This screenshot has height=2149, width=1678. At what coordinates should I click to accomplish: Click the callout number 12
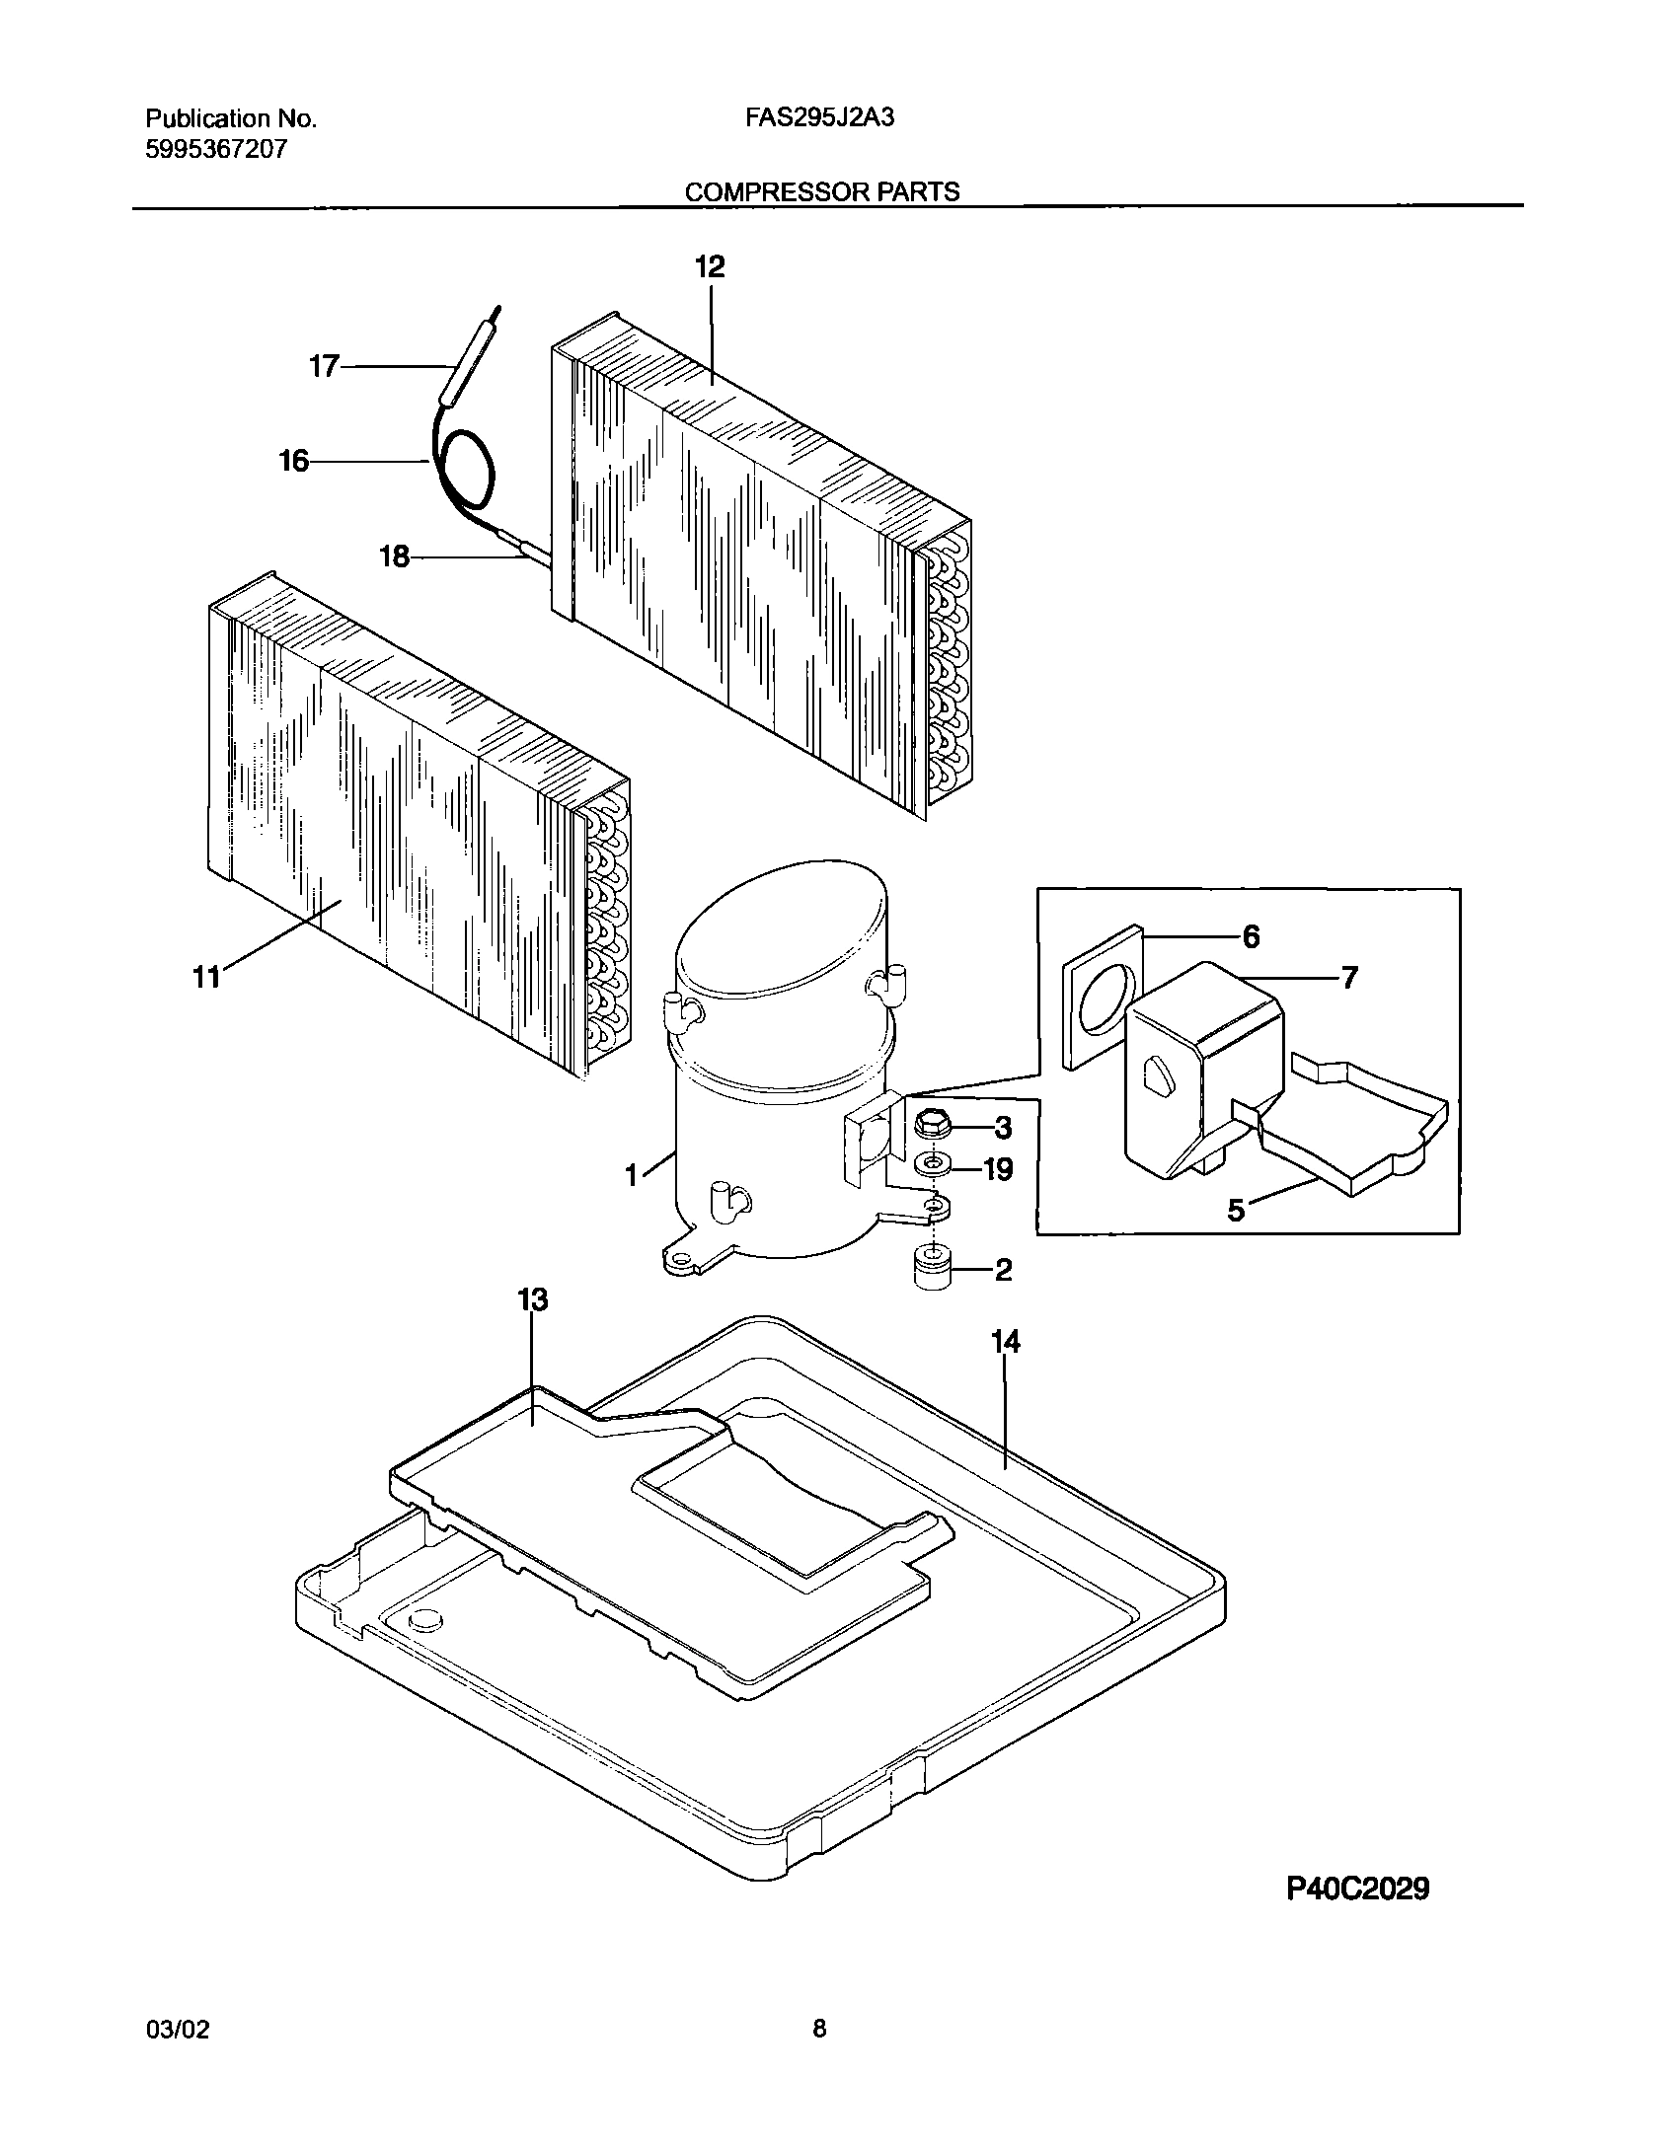[710, 267]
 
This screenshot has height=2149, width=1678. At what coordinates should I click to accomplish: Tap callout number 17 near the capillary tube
[324, 367]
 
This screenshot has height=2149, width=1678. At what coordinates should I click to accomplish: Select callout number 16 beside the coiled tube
[294, 461]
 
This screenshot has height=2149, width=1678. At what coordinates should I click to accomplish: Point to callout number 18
[394, 557]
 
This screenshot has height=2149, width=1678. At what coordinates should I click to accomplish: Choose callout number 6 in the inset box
[1251, 936]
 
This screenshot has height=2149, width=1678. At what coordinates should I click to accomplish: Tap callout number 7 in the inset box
[1348, 978]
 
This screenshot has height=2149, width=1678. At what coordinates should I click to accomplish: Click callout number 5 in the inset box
[1237, 1210]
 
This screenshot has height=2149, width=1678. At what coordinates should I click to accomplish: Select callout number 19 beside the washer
[998, 1170]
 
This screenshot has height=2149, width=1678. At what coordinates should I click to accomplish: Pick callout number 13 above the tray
[532, 1300]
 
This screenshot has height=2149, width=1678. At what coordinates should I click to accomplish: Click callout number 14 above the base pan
[1006, 1341]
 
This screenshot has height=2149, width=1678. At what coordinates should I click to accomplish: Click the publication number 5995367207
[217, 150]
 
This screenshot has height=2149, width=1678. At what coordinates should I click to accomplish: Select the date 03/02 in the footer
[178, 2030]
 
